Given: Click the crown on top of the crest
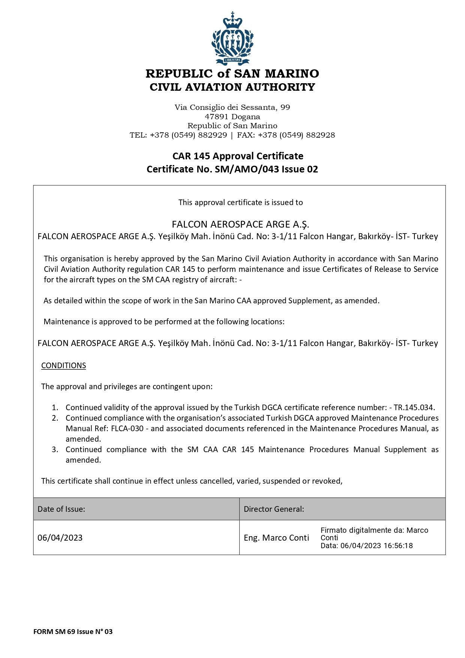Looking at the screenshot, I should point(232,21).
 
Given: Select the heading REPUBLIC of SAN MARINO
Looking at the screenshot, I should point(232,73).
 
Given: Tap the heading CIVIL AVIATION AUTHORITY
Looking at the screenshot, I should point(232,87).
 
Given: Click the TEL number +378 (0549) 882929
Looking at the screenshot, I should point(189,135).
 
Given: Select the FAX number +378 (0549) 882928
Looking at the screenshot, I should point(296,135).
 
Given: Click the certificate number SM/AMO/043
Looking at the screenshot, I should point(247,169).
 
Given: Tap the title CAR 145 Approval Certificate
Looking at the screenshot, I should point(238,156).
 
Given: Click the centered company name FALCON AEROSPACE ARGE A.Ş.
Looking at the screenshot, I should point(240,224).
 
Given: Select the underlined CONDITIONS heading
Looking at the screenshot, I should point(63,366).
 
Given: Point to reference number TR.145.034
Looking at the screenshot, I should point(414,408).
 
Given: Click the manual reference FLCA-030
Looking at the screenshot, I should point(127,429).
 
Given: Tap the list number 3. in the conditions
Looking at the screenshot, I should point(55,450).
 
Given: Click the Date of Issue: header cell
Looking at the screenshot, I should point(61,509).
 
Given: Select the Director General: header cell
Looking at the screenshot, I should point(274,509).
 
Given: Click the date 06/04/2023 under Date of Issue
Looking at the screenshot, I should point(60,538).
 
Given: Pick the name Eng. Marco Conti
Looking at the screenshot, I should point(276,538).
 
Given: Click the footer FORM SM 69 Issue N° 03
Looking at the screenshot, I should point(73,631).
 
